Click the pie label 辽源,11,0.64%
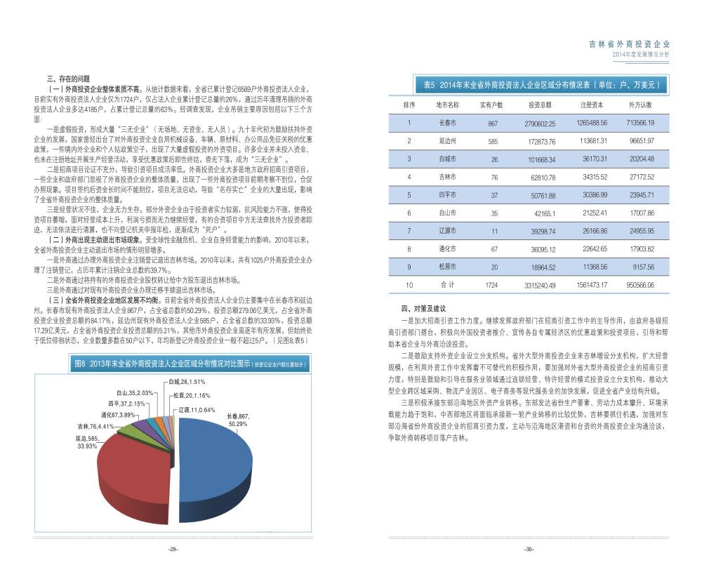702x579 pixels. (193, 409)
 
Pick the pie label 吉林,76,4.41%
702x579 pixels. (95, 426)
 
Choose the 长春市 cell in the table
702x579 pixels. (447, 123)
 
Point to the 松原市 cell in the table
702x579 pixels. (447, 267)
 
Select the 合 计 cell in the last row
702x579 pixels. (447, 285)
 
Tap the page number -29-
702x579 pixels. (172, 550)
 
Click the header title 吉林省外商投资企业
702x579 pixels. (629, 44)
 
